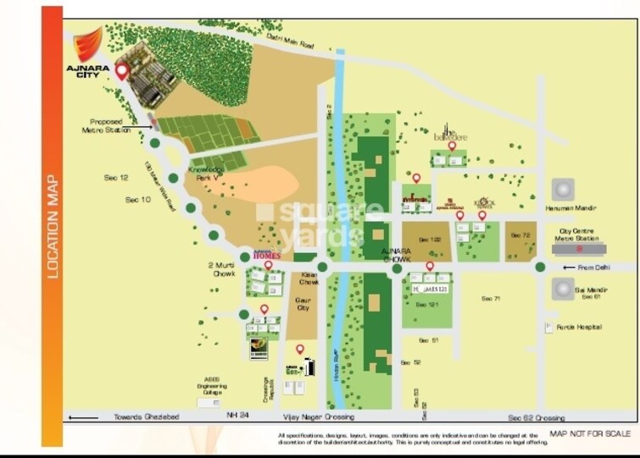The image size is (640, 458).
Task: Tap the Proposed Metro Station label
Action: (x=106, y=126)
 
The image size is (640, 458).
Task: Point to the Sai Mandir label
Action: (x=589, y=290)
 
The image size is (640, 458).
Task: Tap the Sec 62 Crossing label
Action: (x=536, y=418)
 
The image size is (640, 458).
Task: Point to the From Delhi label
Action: (x=593, y=268)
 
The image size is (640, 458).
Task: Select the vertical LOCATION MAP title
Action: (x=52, y=226)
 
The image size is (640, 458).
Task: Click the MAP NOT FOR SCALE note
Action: (x=589, y=434)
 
